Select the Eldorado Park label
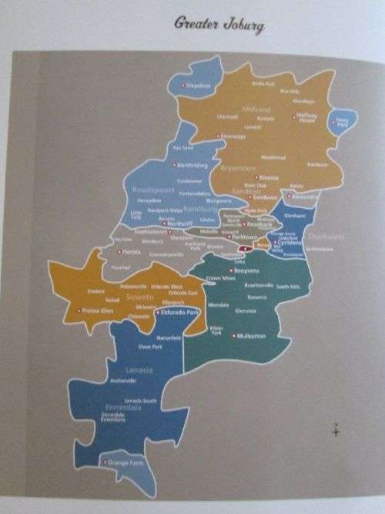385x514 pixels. [x=179, y=313]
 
